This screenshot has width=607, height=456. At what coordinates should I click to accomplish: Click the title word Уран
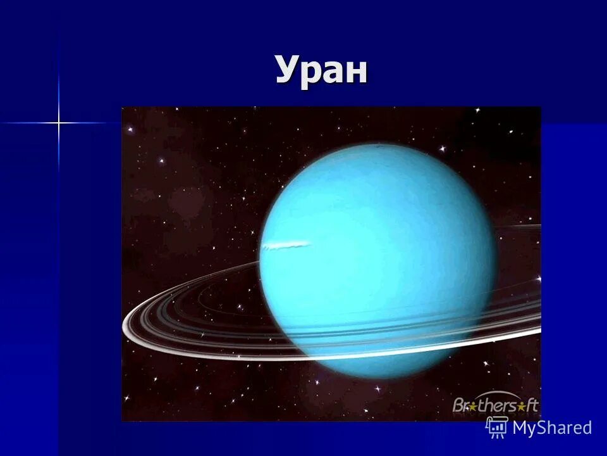[x=321, y=70]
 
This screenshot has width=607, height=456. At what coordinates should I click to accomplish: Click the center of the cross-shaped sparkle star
[x=59, y=122]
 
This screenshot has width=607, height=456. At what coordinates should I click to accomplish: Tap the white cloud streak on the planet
[x=288, y=244]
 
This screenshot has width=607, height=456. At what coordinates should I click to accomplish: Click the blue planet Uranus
[x=377, y=260]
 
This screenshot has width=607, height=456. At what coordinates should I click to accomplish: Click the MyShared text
[x=552, y=427]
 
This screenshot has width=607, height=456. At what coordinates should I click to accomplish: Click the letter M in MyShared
[x=520, y=427]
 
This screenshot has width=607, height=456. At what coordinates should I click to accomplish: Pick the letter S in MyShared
[x=542, y=427]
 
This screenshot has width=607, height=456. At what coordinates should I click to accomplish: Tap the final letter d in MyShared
[x=586, y=427]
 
